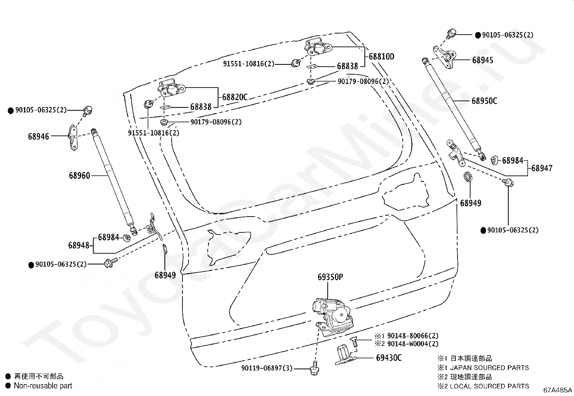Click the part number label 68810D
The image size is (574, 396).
coord(381,57)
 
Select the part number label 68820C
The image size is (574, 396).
coord(235,97)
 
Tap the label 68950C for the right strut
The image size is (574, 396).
coord(484,101)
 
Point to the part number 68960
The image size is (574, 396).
coord(79,176)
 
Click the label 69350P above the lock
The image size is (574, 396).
coord(330,277)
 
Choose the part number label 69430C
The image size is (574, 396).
coord(389,358)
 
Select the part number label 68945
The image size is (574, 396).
coord(483,60)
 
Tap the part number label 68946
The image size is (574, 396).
coord(39,137)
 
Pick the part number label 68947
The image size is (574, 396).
coord(542,168)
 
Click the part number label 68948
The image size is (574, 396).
coord(79,245)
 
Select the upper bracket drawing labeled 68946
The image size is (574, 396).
coord(73,137)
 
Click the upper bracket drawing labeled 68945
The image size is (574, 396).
coord(446,57)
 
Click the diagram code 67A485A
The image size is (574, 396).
coord(557,390)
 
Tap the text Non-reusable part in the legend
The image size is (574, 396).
coord(43,386)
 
